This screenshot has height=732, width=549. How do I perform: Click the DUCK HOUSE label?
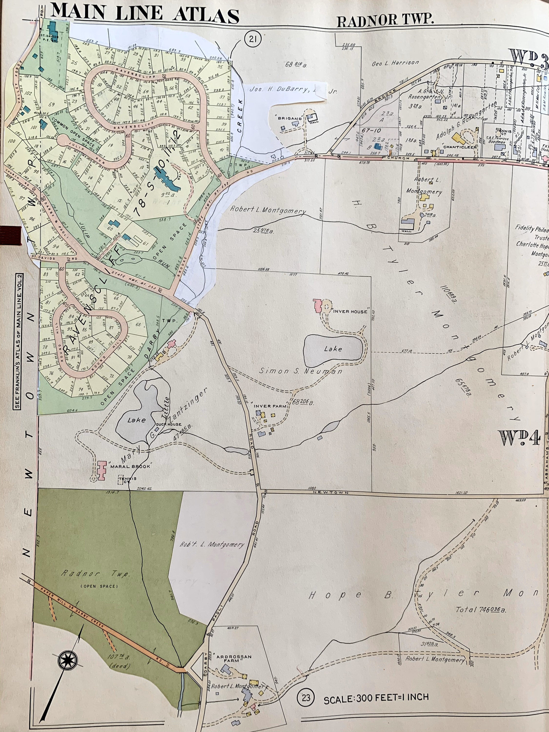click(x=169, y=424)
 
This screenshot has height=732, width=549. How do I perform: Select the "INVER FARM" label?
click(x=267, y=406)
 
